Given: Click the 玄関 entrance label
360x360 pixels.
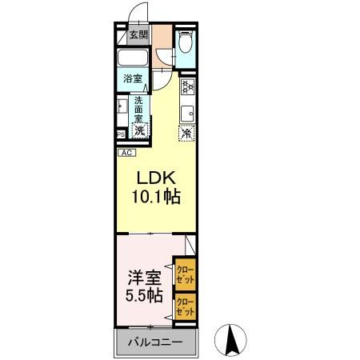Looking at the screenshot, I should (138, 35).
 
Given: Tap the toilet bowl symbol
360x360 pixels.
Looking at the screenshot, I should (185, 42).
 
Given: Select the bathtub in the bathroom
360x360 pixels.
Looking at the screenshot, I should (132, 58).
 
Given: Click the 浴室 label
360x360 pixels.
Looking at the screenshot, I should (133, 78).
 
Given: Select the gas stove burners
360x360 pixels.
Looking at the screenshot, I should (188, 87).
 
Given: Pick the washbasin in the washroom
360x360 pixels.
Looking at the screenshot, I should (122, 106).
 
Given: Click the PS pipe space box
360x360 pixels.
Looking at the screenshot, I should (120, 134).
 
